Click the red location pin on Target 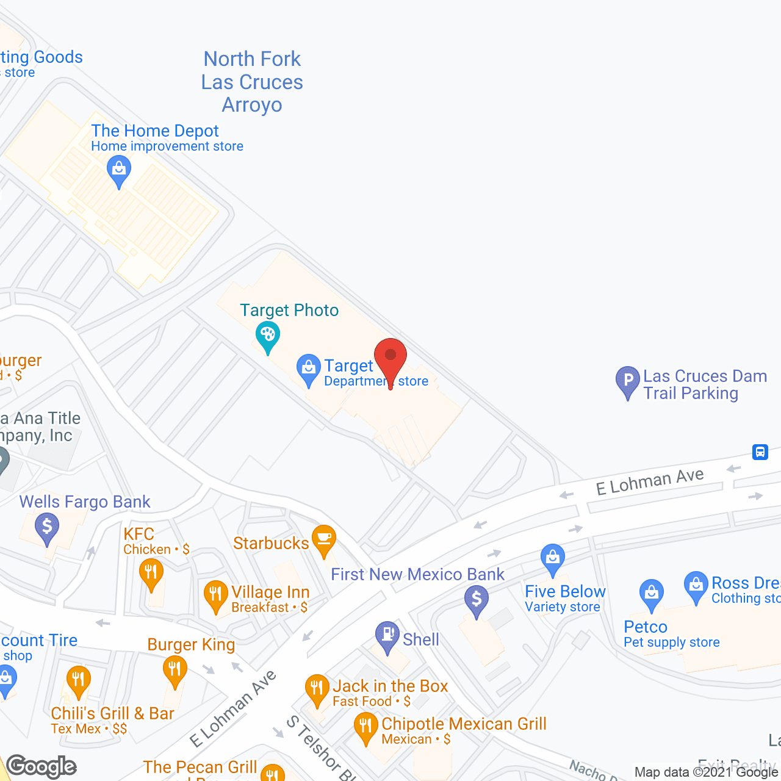click(x=390, y=358)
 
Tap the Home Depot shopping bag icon click(x=119, y=168)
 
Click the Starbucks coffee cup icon click(x=324, y=539)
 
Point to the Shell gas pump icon click(x=387, y=635)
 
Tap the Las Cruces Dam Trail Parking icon click(x=628, y=380)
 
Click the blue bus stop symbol click(x=760, y=452)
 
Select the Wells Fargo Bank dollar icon click(x=47, y=526)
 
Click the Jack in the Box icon click(x=317, y=688)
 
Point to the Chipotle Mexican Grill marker click(x=365, y=726)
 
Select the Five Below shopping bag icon click(x=553, y=558)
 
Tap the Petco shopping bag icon click(x=652, y=592)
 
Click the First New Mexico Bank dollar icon click(x=477, y=599)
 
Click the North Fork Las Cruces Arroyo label click(x=252, y=82)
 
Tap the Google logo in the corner click(x=41, y=766)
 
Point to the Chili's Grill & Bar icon click(x=78, y=679)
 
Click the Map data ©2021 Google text click(x=706, y=772)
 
